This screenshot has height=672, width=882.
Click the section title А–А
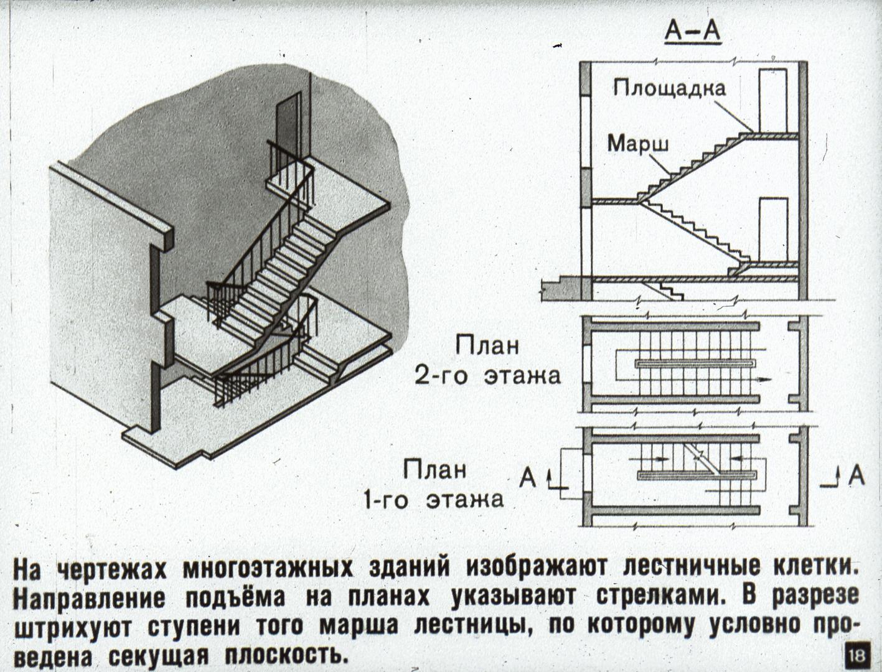pos(692,31)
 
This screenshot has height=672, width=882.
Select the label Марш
pos(638,144)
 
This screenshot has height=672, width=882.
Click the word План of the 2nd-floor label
pos(487,347)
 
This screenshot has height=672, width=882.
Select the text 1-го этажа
pos(434,499)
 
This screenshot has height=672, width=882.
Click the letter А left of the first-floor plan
pos(528,478)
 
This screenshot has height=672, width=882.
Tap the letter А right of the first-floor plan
pos(856,477)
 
